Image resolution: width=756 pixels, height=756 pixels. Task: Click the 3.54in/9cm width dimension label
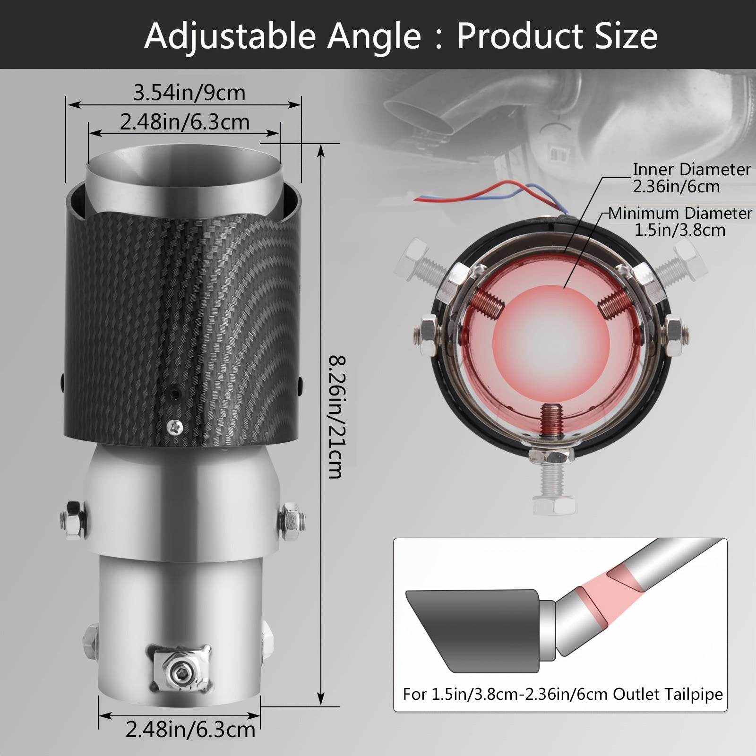click(189, 93)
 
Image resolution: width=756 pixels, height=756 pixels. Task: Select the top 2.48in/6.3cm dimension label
click(185, 122)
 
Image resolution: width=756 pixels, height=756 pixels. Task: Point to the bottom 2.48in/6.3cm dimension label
click(190, 730)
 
